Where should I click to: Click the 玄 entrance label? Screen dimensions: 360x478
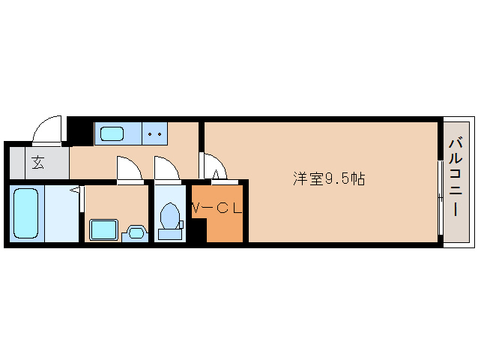(x=37, y=161)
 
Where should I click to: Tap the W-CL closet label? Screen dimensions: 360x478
(x=217, y=208)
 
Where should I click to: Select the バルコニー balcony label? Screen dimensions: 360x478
(x=456, y=179)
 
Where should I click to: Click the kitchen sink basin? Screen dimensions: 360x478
(x=113, y=134)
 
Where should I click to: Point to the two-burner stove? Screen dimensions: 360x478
(x=155, y=134)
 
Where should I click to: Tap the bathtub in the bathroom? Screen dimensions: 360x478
(x=25, y=214)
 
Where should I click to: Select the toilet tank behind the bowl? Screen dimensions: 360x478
(x=171, y=233)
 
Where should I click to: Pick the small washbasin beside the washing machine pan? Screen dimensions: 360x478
(x=136, y=232)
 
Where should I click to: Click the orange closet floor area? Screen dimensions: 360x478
(x=225, y=225)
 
